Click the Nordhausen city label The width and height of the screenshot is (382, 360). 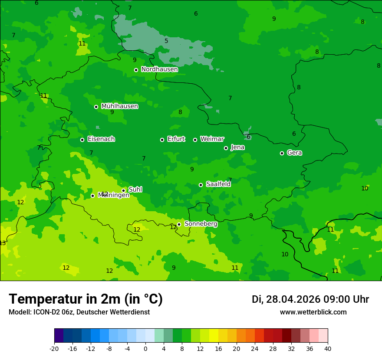[159, 69]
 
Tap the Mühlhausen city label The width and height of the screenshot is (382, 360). [119, 106]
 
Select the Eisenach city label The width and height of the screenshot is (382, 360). [101, 139]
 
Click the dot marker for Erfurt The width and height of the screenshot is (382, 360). [162, 140]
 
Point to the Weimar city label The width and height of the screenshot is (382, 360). [212, 139]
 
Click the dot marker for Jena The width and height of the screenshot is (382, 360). [226, 148]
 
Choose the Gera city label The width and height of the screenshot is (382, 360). [294, 153]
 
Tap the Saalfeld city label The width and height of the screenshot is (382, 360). [218, 184]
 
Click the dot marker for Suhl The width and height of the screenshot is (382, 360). [123, 190]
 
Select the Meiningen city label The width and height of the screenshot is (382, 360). [114, 195]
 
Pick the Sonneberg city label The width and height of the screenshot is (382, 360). [201, 224]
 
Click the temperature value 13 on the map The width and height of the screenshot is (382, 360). [3, 243]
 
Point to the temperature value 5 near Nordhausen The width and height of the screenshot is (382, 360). [166, 41]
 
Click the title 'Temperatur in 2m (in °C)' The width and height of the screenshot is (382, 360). [86, 299]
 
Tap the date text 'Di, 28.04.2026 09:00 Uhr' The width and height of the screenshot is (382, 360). [310, 300]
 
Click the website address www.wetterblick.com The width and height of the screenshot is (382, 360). [313, 312]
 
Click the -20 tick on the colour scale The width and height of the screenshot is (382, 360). [54, 348]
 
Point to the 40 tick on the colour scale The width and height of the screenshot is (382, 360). [327, 348]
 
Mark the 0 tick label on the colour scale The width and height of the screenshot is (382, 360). [145, 348]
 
